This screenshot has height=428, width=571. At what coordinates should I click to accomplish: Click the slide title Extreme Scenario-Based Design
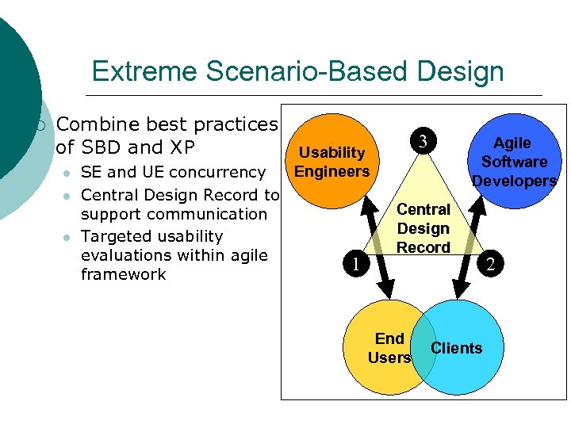[297, 71]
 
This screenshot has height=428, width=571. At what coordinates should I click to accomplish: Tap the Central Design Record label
[423, 228]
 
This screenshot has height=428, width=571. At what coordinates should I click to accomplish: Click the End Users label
[389, 348]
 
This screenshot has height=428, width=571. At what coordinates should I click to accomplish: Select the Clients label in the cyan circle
[456, 348]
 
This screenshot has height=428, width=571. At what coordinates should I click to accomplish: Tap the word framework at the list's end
[123, 274]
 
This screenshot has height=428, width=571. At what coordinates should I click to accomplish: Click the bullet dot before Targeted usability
[69, 237]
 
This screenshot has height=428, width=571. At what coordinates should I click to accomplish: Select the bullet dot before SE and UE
[69, 173]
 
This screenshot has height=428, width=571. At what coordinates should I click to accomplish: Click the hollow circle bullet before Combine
[42, 124]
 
